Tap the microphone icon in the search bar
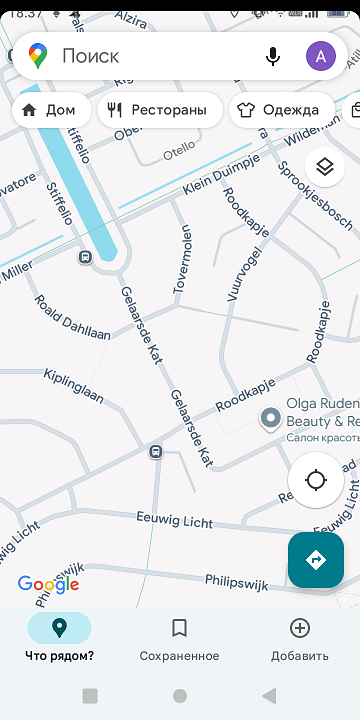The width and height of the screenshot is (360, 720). (x=273, y=56)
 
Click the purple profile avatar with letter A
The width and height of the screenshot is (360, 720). (x=320, y=56)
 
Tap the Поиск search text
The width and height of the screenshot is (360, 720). (x=90, y=56)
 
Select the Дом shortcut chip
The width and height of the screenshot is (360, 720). (x=50, y=110)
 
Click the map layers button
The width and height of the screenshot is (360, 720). (x=322, y=166)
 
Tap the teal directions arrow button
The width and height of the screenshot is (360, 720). (x=316, y=560)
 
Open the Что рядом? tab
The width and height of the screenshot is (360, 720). (x=59, y=639)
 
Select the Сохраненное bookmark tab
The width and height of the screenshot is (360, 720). (x=179, y=639)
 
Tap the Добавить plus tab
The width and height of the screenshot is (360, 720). (x=299, y=639)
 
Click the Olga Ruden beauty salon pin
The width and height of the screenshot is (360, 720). (x=270, y=418)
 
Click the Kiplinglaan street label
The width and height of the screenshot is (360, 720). (x=74, y=386)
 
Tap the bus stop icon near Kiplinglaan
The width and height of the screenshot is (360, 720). (x=156, y=452)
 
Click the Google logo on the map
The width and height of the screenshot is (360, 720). (x=48, y=585)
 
